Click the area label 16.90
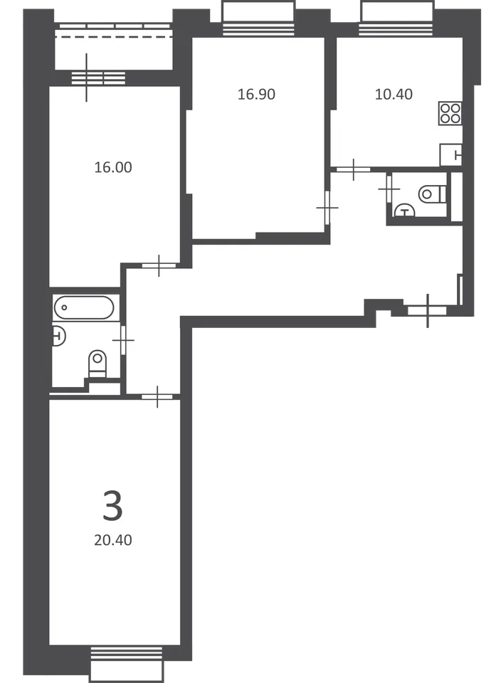(256, 94)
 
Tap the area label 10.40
(394, 94)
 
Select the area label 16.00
(113, 167)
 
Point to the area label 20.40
(113, 540)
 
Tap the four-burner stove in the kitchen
(450, 113)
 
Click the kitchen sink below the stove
(451, 154)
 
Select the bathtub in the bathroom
(84, 307)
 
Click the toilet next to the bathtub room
(97, 364)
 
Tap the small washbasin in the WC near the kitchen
(404, 211)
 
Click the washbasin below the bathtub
(58, 336)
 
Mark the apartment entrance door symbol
(427, 311)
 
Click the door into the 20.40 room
(157, 396)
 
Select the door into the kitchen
(353, 169)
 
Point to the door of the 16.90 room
(327, 208)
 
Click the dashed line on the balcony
(113, 37)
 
